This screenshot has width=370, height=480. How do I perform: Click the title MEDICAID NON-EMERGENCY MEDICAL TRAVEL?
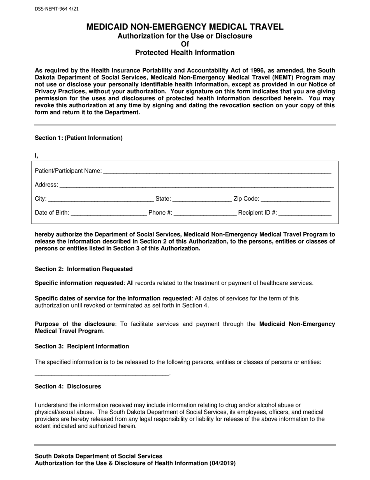pos(185,27)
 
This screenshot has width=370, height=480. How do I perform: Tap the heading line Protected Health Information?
pos(185,53)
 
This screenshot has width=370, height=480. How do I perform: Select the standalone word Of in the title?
pos(185,44)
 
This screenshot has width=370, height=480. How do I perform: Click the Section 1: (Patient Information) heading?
pos(79,138)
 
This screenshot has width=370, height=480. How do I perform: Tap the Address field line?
pos(196,185)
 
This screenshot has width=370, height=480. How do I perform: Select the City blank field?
pos(101,199)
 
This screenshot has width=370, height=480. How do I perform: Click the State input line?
pos(202,199)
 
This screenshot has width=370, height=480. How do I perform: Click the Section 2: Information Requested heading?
pos(84,269)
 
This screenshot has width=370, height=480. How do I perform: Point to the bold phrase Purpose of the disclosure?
pos(75,324)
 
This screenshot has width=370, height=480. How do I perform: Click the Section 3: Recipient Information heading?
pos(82,346)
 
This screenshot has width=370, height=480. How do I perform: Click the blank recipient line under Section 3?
pos(102,374)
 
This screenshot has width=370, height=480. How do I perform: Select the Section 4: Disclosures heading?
pos(68,386)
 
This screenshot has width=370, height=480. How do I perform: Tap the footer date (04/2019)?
pos(223,464)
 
